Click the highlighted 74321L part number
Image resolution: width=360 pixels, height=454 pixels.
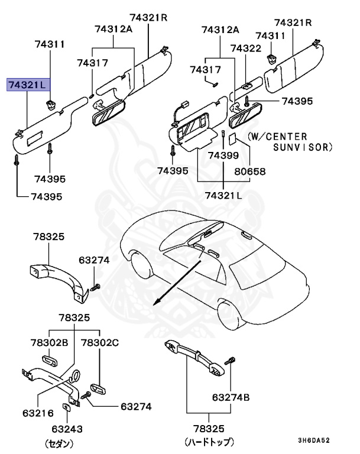pos(26,85)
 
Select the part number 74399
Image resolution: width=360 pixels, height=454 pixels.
pos(223,155)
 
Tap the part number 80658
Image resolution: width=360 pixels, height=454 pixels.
pos(251,172)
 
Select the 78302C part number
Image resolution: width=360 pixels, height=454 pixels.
pos(99,342)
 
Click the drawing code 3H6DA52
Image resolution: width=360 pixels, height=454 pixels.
pos(313,440)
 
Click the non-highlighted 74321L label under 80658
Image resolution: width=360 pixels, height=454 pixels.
pos(223,195)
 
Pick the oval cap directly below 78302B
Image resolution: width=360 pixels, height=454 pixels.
pos(48,360)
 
